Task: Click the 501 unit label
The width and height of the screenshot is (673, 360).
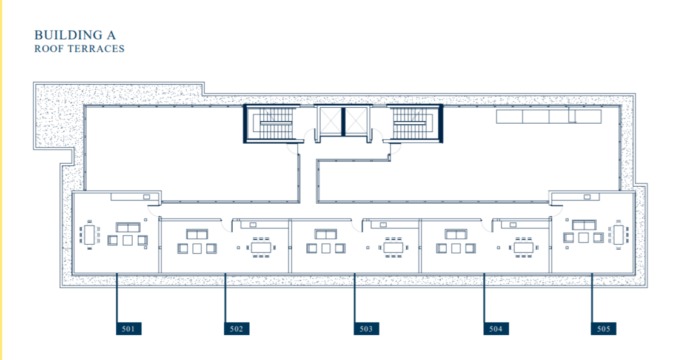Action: click(x=128, y=328)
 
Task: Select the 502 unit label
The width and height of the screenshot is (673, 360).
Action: click(x=236, y=328)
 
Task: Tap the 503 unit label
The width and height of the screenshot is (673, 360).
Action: click(x=366, y=328)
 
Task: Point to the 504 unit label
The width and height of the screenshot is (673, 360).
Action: click(x=496, y=328)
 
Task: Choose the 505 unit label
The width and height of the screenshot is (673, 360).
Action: click(x=603, y=328)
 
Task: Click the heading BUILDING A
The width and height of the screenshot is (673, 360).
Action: click(x=75, y=35)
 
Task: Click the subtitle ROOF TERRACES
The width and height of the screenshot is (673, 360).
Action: click(x=79, y=49)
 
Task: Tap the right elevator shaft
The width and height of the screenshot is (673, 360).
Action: click(x=357, y=120)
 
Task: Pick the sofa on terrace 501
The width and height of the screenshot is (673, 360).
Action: click(x=128, y=227)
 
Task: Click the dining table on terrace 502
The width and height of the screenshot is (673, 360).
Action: click(x=261, y=247)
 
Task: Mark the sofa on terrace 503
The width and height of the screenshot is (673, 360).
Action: click(x=326, y=234)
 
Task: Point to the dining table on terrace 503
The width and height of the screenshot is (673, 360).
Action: click(x=393, y=247)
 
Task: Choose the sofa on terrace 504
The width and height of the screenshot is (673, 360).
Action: click(x=455, y=234)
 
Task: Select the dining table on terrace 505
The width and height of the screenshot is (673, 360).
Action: click(x=618, y=234)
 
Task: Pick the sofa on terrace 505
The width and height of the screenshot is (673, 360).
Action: click(x=583, y=225)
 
